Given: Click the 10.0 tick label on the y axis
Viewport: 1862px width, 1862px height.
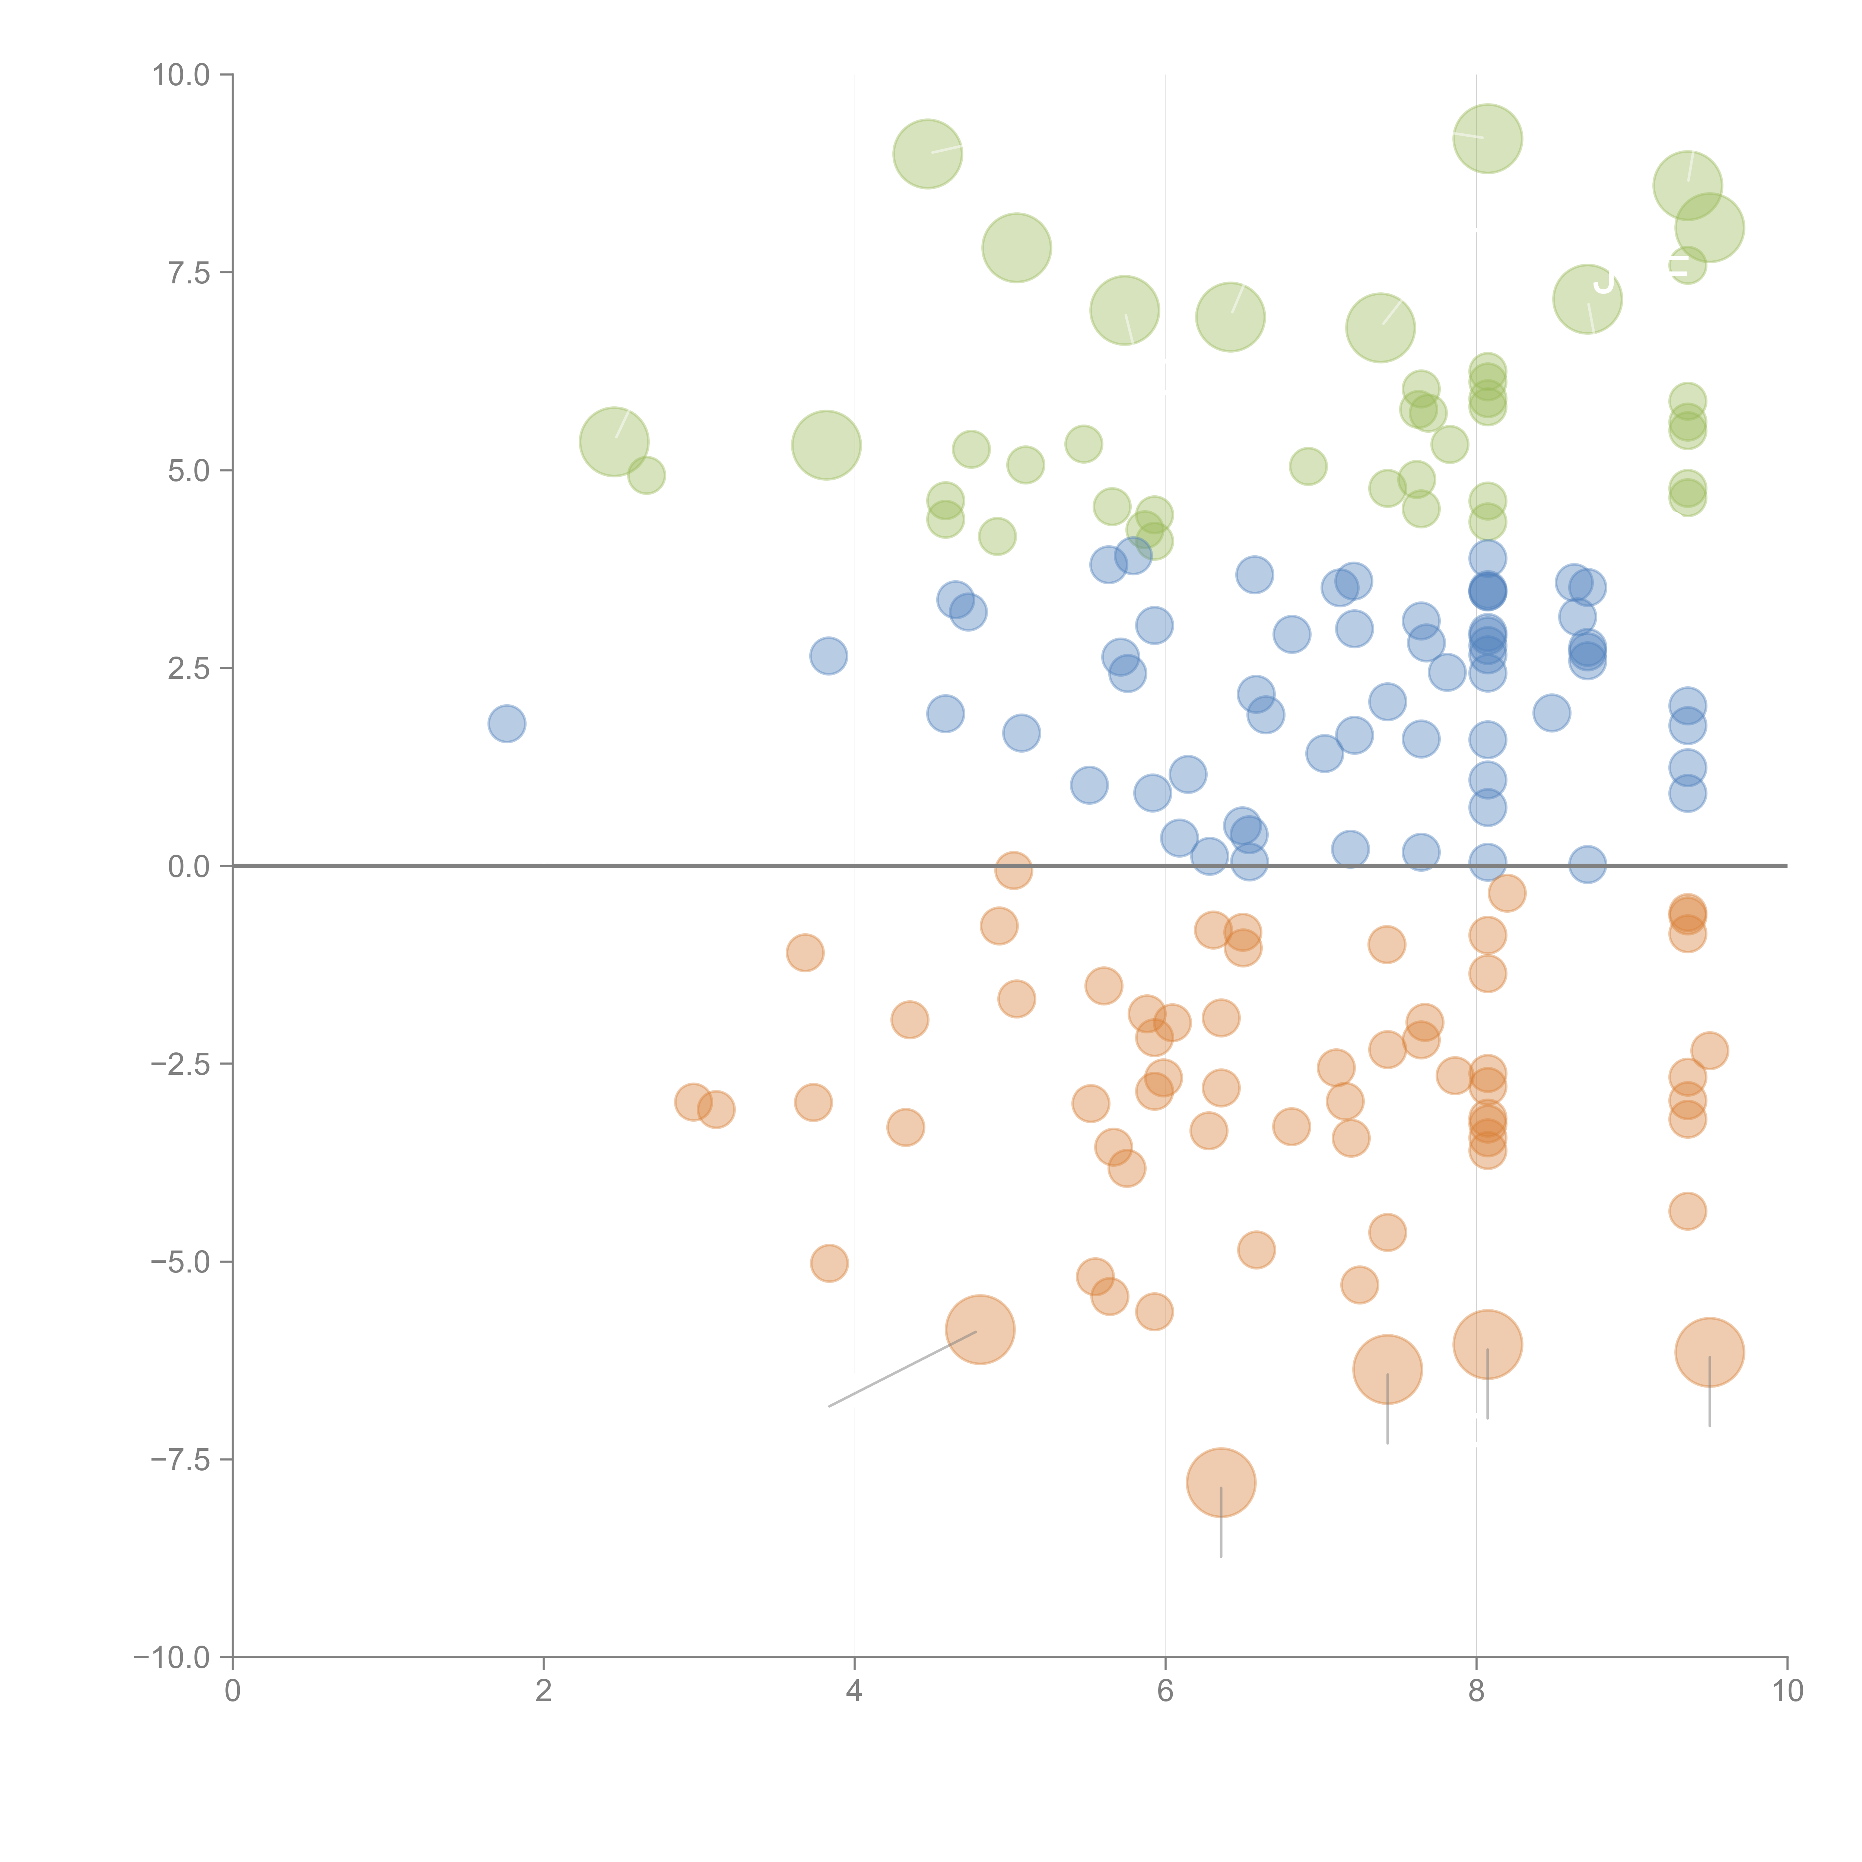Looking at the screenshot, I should (181, 75).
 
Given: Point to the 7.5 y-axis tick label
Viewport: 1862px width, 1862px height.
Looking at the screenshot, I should (189, 273).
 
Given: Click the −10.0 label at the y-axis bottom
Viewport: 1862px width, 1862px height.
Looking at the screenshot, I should (174, 1658).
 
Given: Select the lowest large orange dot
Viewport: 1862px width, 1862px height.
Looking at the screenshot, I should (1221, 1482).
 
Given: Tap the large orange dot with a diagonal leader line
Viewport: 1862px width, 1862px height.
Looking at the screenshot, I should (980, 1330).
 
